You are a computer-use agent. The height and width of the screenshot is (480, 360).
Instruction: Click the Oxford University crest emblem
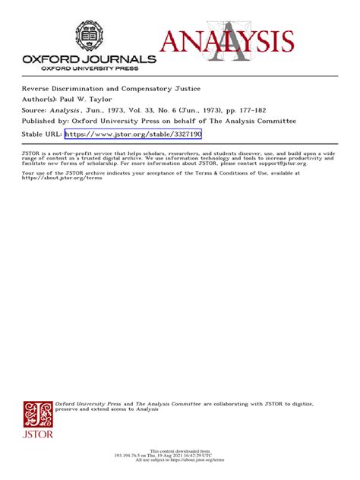coord(89,35)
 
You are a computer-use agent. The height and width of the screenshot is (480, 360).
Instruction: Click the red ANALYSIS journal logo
coord(227,44)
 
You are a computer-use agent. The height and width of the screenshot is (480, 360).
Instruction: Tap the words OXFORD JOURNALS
coord(90,59)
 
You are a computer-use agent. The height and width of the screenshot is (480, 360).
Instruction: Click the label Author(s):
coord(42,98)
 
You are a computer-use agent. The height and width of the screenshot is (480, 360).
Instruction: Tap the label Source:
coord(36,109)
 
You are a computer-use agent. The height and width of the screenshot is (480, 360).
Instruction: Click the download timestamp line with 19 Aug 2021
coord(180,456)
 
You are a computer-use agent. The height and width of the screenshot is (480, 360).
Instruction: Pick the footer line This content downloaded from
coord(180,450)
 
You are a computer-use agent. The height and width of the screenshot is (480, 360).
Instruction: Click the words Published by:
coord(46,120)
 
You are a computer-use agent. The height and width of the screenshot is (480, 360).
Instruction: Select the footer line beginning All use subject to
coord(180,461)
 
